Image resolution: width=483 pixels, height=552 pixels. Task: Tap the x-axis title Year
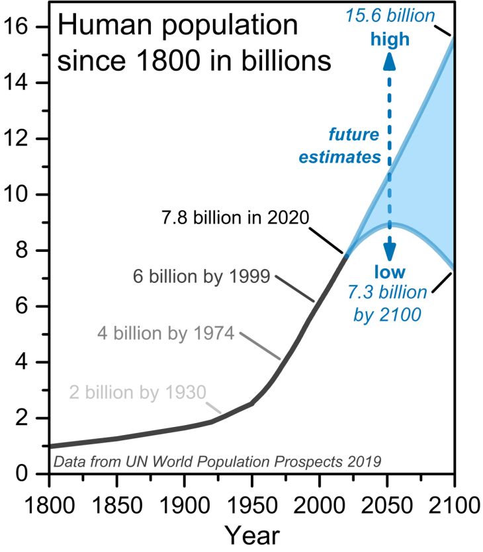[251, 534]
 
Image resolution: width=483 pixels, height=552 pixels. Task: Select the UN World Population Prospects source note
[218, 461]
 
